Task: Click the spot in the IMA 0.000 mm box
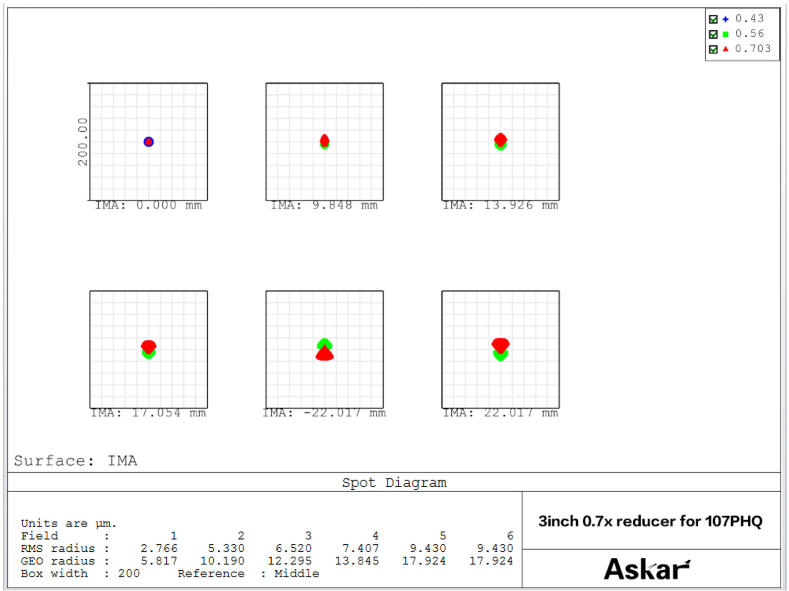point(148,142)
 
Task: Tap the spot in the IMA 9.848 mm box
point(324,141)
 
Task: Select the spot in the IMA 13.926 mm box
point(500,141)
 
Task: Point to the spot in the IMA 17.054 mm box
point(148,349)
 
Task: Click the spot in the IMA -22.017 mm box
point(324,349)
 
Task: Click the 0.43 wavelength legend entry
point(749,19)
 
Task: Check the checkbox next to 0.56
point(713,34)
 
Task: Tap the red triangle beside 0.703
point(726,49)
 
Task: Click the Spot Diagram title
point(394,482)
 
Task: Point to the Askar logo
point(646,569)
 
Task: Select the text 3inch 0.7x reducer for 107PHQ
point(650,521)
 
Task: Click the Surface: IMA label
point(75,461)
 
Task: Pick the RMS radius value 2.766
point(159,548)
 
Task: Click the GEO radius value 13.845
point(357,561)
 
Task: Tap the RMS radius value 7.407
point(361,548)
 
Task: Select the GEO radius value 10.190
point(222,561)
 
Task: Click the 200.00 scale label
point(82,141)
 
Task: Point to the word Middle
point(297,574)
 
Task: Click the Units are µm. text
point(68,524)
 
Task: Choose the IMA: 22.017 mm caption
point(500,413)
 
